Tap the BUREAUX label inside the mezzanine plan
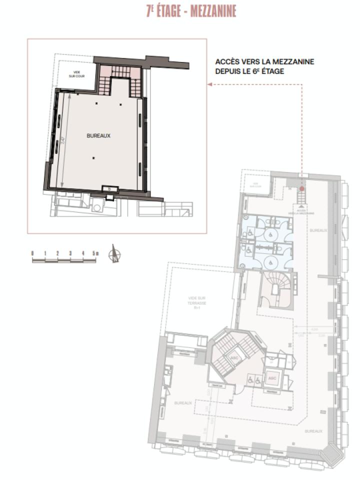[x=98, y=135]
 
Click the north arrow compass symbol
[x=115, y=254]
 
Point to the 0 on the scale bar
[x=32, y=253]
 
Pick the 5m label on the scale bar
[x=95, y=253]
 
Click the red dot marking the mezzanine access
[x=301, y=188]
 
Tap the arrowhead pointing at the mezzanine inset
[x=210, y=84]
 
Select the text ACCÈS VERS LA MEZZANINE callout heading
[x=264, y=62]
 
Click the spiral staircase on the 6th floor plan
[x=275, y=291]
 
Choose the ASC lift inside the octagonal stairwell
[x=234, y=358]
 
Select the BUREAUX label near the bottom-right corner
[x=313, y=430]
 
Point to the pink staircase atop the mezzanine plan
[x=119, y=75]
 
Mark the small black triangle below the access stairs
[x=301, y=206]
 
